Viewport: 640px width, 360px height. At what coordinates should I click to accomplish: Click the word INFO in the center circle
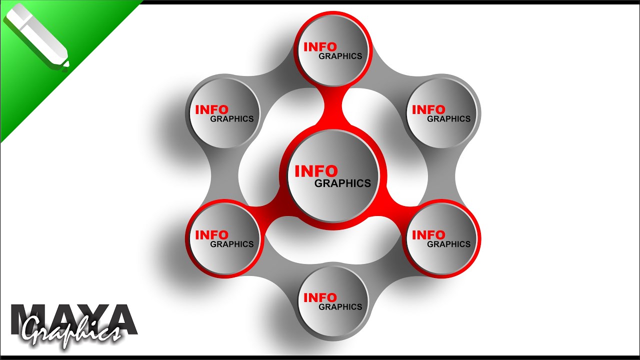tap(316, 171)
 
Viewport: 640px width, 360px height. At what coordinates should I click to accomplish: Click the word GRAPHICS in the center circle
tap(342, 183)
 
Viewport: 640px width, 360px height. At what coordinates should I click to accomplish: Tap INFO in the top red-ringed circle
tap(320, 47)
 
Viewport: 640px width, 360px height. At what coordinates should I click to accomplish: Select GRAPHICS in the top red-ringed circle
tap(340, 56)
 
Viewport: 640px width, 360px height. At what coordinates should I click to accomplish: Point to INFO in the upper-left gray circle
tap(211, 109)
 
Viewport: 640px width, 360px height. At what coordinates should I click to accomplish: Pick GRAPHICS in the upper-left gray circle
tap(231, 119)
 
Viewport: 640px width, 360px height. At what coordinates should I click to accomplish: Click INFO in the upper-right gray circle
tap(428, 109)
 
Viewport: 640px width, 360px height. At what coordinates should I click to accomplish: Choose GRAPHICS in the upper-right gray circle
tap(448, 119)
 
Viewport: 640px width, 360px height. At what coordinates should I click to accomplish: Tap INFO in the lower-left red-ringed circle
tap(211, 235)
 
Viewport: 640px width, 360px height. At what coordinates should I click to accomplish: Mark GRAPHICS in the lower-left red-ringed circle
tap(231, 244)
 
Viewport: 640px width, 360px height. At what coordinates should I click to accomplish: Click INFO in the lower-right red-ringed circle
tap(428, 235)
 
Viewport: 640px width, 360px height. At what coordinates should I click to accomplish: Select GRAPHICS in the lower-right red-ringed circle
tap(448, 244)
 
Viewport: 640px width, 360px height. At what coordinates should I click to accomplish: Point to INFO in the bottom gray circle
tap(320, 297)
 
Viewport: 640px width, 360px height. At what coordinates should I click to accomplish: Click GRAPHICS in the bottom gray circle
tap(340, 307)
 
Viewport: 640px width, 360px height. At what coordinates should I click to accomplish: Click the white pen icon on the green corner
tap(36, 37)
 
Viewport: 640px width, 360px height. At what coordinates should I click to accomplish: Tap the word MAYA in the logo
tap(74, 319)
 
